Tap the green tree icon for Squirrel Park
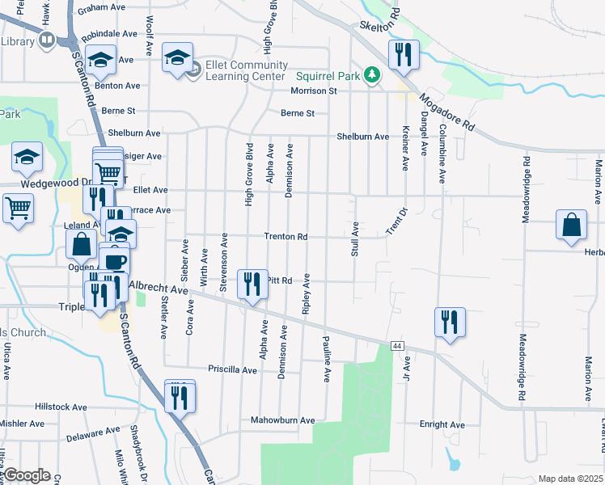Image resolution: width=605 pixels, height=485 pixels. [372, 75]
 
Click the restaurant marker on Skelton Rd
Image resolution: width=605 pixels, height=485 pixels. [403, 55]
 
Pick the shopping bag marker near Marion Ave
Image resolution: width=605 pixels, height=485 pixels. [571, 225]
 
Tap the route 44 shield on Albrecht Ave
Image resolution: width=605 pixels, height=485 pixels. [396, 345]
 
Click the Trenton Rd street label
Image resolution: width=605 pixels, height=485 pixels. [286, 237]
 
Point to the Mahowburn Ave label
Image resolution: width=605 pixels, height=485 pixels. [281, 420]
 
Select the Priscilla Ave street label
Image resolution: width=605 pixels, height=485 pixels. [232, 370]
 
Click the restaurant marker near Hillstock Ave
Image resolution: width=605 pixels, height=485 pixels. [180, 395]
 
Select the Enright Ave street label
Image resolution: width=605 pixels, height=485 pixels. [442, 424]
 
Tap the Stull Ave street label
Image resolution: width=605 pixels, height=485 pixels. [355, 238]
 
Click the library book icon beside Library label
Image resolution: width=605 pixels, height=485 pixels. [47, 40]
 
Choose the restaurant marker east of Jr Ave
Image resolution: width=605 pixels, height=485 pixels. [448, 322]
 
